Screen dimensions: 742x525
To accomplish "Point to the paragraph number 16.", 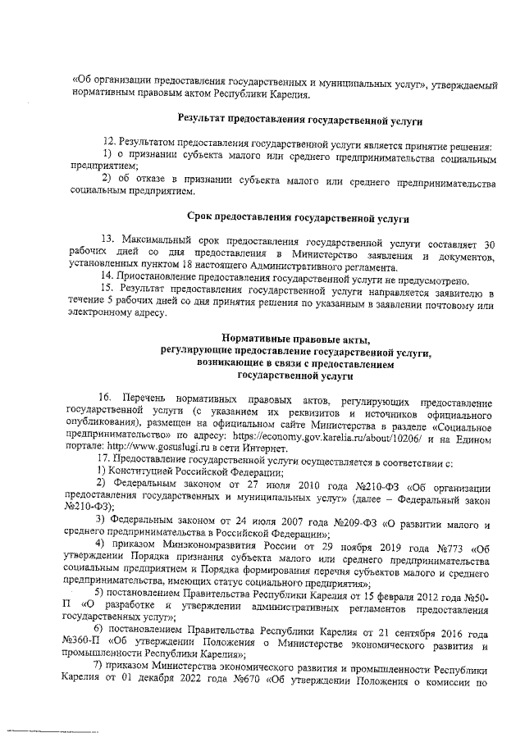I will pos(105,403).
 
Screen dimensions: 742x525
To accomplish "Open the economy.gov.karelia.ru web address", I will pos(300,439).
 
